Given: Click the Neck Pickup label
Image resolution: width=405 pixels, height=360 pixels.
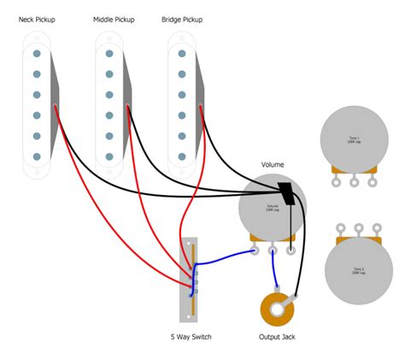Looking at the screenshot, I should [37, 18].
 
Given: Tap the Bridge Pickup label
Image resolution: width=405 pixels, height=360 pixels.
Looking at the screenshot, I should [183, 18].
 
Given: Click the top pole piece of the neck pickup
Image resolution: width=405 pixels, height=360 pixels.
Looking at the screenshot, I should [37, 54].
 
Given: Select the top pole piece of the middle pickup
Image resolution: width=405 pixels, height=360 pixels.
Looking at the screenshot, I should [109, 54].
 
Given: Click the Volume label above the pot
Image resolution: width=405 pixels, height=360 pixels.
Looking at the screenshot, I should [273, 164].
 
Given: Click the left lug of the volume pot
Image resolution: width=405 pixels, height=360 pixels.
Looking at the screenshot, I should [255, 251].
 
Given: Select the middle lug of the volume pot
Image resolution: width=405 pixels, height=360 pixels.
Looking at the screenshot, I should [273, 251].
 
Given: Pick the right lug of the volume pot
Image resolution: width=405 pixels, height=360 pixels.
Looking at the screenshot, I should [291, 251].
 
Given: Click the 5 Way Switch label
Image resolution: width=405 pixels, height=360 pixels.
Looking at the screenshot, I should [191, 336].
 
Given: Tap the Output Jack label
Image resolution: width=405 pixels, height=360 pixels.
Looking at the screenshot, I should [276, 336].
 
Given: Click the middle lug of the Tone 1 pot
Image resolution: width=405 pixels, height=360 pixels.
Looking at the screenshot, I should [353, 180].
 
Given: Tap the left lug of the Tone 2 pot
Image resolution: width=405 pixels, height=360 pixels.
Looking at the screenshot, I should [342, 227].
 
